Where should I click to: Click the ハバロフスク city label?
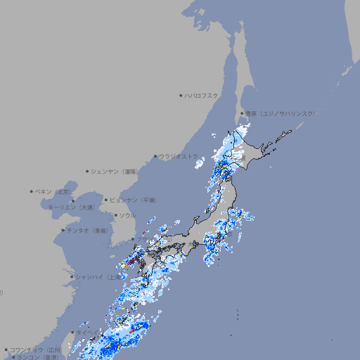tap(202, 96)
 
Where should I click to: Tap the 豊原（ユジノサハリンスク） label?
tap(281, 113)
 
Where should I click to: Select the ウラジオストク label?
tap(179, 156)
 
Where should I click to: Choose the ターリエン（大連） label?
tap(71, 208)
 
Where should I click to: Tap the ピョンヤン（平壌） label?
tap(134, 200)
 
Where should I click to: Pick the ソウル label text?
tap(127, 215)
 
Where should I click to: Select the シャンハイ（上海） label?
tap(98, 277)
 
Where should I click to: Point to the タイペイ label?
tap(88, 332)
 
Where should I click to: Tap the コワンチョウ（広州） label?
tap(36, 349)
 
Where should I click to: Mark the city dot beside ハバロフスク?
tap(181, 96)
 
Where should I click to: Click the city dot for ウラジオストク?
tap(155, 156)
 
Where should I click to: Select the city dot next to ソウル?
tap(115, 215)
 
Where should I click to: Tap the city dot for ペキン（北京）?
tap(32, 191)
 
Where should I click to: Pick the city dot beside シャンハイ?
tap(72, 277)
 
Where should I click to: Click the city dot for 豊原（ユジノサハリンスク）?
tap(242, 113)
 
